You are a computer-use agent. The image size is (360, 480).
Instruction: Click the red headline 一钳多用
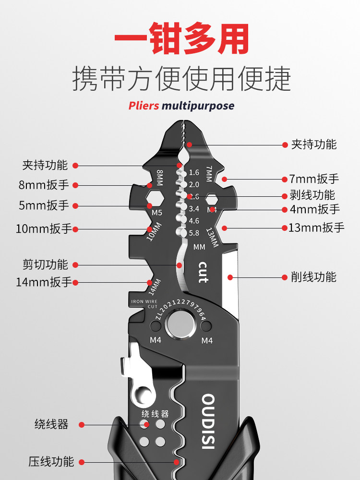181,39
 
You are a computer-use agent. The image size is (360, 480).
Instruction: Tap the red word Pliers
144,106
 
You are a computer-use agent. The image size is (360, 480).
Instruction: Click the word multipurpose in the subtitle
198,106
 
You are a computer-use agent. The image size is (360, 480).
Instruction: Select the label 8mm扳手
44,185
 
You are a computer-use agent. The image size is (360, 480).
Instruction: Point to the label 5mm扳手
44,206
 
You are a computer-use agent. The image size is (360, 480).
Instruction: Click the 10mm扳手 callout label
43,228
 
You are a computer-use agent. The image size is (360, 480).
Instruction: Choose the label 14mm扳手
43,282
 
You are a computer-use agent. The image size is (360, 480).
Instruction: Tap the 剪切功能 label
45,264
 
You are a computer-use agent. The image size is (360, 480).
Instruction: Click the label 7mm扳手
314,179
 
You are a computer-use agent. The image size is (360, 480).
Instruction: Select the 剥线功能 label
312,195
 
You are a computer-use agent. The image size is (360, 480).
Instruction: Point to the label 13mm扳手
316,228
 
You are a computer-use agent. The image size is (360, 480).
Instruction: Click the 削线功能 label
314,277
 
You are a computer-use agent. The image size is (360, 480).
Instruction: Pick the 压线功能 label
51,462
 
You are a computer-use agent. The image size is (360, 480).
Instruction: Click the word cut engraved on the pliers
203,272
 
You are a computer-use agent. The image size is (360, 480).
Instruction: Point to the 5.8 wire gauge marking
194,233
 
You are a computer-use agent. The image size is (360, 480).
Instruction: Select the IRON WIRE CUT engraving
144,304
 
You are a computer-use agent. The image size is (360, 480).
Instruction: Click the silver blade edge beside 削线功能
230,283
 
